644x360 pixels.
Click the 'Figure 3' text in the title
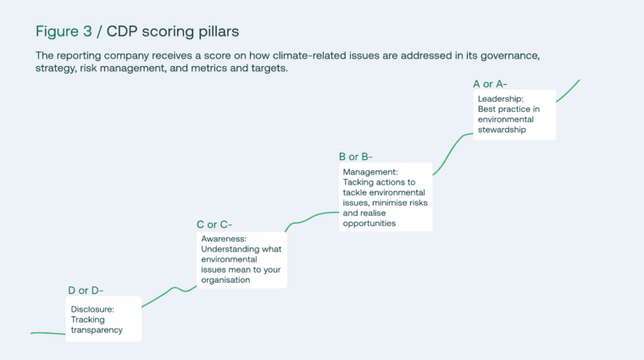(64, 31)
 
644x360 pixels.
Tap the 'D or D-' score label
(86, 291)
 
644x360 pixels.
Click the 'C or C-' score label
(214, 224)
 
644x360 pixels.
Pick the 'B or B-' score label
(355, 157)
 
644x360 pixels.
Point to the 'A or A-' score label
(490, 84)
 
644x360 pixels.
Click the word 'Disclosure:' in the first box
(92, 309)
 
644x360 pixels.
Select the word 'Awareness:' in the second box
(223, 240)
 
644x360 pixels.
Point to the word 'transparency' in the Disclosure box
(97, 330)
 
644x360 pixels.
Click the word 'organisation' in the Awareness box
(225, 280)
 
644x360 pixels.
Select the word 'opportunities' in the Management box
(369, 224)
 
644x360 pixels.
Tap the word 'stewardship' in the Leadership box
(502, 130)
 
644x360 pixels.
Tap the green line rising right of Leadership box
(569, 91)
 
